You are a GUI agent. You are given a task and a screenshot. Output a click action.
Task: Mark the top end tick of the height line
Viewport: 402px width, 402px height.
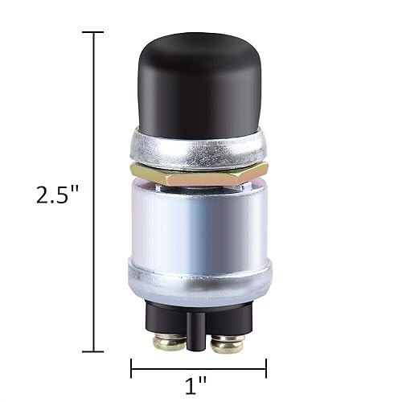tap(93, 32)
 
